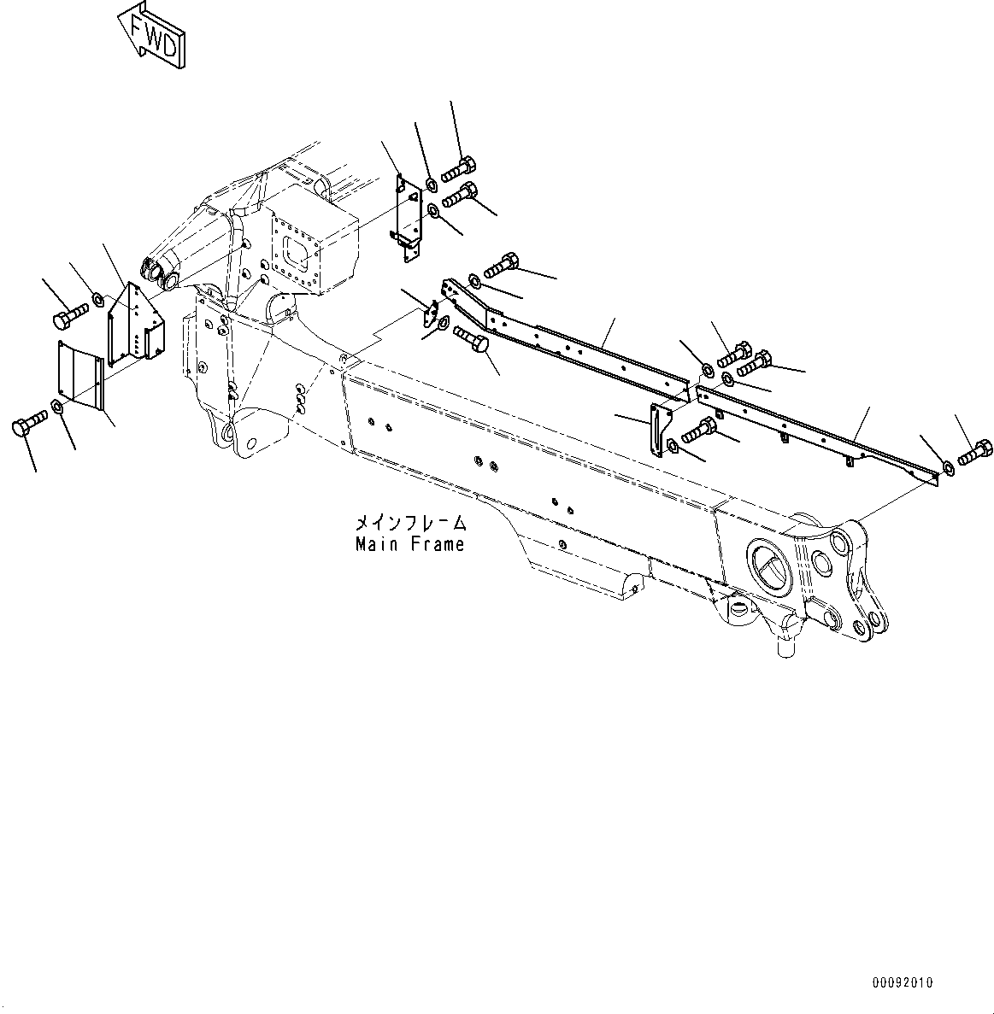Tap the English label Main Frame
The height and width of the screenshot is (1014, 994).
click(410, 544)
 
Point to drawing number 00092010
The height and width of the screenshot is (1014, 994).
click(903, 983)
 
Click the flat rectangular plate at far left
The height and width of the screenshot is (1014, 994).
click(80, 374)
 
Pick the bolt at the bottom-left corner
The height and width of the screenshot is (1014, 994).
click(29, 425)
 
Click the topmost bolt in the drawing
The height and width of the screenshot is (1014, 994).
click(457, 167)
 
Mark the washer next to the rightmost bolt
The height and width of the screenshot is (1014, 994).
click(948, 466)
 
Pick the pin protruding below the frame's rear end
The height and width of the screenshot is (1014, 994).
click(787, 642)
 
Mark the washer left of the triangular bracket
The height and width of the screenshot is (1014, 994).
click(97, 299)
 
